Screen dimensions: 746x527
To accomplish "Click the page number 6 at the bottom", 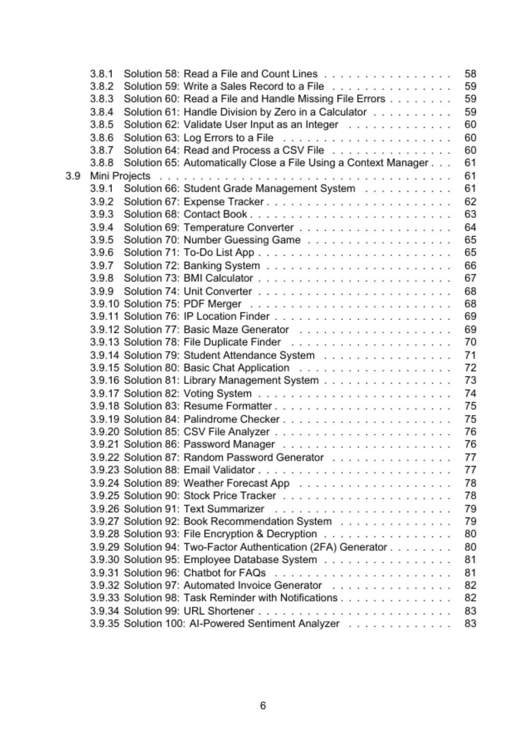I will (x=263, y=705).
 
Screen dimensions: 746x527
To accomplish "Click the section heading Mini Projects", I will (x=120, y=176).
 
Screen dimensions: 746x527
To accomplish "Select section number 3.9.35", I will (x=104, y=623).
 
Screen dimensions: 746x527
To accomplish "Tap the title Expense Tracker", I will (x=223, y=202).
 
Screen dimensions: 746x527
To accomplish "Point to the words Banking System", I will (x=222, y=266).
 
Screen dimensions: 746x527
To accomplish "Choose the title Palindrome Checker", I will (x=231, y=419).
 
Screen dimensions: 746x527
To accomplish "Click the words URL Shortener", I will (x=219, y=611).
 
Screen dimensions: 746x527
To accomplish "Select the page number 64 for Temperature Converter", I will (x=470, y=228).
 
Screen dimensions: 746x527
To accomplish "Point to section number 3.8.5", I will (x=101, y=124).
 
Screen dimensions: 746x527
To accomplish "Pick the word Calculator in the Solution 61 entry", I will (x=343, y=112).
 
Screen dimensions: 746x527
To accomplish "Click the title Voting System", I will (x=218, y=394).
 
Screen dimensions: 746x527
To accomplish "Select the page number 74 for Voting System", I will (x=470, y=394).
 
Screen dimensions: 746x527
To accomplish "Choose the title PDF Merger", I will (x=212, y=304).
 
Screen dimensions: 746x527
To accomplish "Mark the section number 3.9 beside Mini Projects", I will (x=73, y=176).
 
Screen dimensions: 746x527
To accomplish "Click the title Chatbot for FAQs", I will (x=224, y=573).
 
